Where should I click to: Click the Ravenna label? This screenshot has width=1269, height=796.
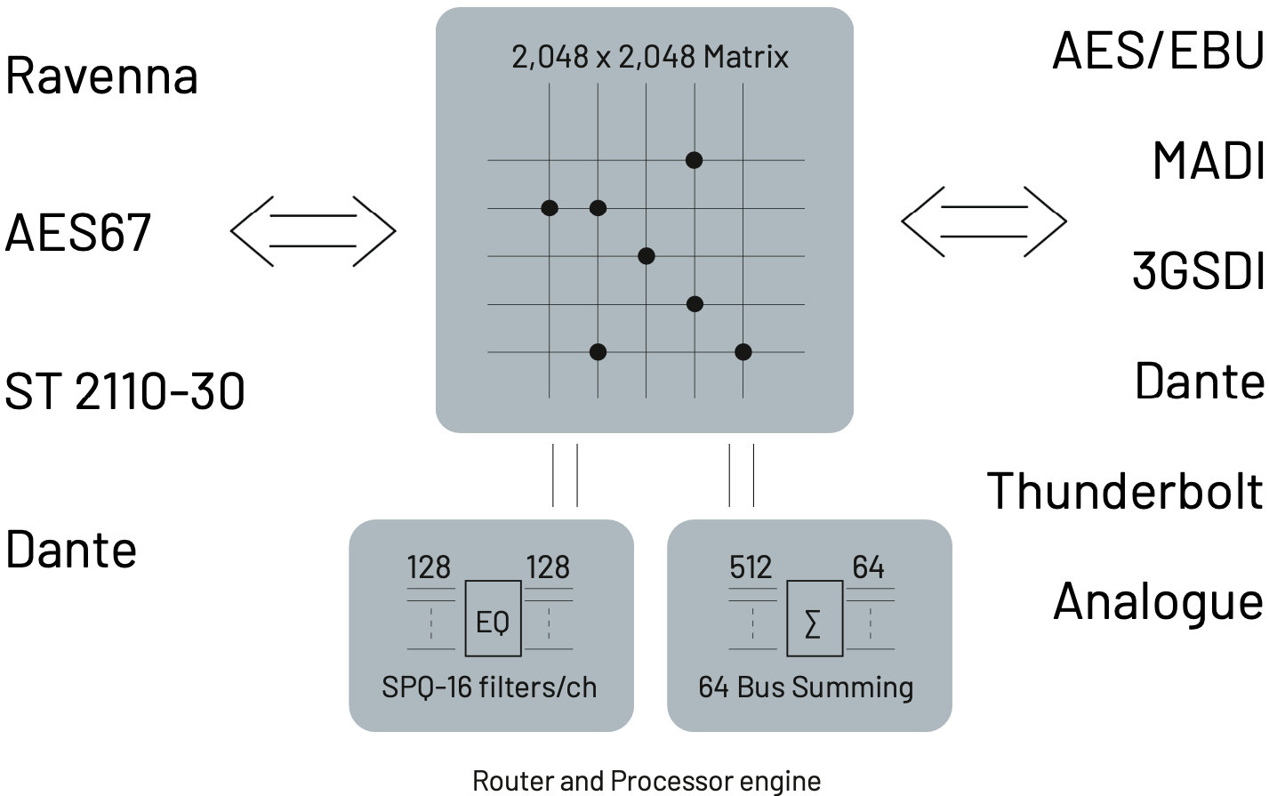101,76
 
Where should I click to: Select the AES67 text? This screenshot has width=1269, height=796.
78,233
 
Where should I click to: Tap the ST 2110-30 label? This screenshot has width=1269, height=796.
124,391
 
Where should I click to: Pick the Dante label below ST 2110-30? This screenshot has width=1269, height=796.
71,550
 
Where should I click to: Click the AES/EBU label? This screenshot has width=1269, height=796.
1158,51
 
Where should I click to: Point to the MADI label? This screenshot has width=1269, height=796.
1209,161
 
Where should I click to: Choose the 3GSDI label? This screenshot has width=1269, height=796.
1198,270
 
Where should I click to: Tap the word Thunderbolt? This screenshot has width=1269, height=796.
1125,491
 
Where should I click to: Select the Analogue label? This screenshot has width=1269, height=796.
1158,602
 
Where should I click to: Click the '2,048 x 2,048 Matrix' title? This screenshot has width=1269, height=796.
649,57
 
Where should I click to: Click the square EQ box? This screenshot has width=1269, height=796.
493,619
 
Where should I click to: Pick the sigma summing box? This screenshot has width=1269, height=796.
814,619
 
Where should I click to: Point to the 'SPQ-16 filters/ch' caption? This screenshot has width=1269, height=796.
489,687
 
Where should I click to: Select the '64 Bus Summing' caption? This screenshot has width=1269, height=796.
806,687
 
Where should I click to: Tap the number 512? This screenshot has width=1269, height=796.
751,567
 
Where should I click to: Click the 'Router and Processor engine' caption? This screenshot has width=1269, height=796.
647,781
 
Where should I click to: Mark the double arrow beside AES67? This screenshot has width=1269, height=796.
313,230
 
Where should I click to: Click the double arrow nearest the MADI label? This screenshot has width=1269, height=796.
984,221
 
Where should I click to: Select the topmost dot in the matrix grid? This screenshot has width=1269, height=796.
695,160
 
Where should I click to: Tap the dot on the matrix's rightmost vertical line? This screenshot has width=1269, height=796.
743,352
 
